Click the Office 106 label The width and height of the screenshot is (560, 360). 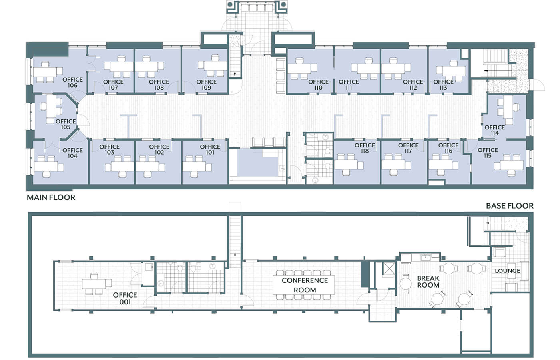pos(72,82)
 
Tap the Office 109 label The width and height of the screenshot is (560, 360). pos(207,85)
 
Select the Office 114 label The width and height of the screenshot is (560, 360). pos(494,130)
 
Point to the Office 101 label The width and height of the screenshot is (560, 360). pos(210,149)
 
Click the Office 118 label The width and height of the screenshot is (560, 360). pos(365,148)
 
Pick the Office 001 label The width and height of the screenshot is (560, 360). pos(125,298)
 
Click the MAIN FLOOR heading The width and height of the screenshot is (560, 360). pos(51,197)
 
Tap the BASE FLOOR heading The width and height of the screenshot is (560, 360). pos(510,206)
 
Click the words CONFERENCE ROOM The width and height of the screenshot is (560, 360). pos(305,285)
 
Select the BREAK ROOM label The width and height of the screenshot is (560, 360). pos(428,282)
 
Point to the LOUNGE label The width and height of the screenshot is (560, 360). pos(508,271)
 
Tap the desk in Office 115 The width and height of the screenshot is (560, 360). pos(512,165)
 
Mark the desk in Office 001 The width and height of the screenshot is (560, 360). pos(94,284)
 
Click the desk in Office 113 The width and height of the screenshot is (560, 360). pos(454,71)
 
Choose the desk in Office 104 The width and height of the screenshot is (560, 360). pos(46,166)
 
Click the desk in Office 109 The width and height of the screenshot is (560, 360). pos(215,66)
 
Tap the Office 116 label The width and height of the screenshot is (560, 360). pos(448,148)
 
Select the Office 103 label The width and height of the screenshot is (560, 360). pos(109,149)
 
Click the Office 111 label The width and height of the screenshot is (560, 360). pos(349,85)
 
